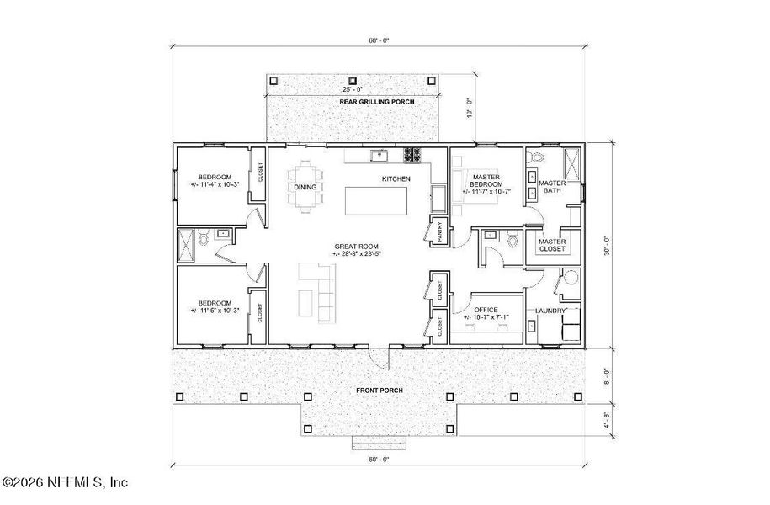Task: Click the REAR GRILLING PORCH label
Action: (353, 102)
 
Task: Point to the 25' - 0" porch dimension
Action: (353, 88)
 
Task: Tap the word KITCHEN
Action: (396, 179)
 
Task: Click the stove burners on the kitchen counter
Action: (412, 154)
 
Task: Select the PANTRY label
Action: (438, 231)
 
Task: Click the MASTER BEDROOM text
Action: (486, 180)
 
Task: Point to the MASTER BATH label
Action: (551, 187)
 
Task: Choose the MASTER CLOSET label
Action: (551, 245)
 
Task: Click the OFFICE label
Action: (486, 310)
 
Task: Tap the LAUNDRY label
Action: (550, 311)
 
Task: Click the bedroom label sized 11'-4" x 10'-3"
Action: (210, 180)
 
